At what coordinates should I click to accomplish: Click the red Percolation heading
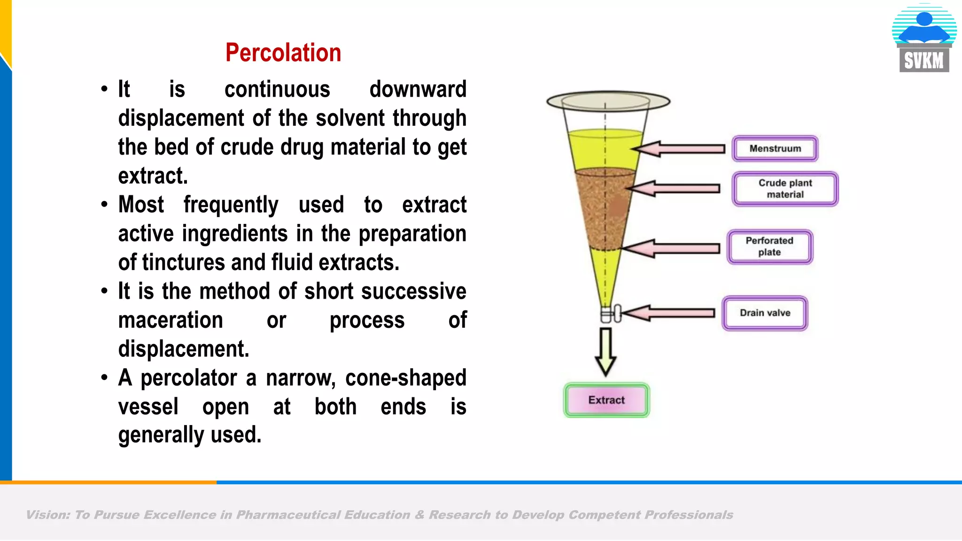coord(283,53)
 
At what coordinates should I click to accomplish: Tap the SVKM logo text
coord(923,61)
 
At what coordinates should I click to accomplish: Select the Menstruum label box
coord(775,148)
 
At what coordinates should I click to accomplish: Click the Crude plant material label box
coord(785,189)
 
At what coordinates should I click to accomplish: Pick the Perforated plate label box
coord(769,247)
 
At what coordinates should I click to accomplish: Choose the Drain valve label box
coord(765,313)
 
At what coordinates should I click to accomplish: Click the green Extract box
coord(606,400)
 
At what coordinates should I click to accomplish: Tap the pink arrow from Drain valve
coord(670,313)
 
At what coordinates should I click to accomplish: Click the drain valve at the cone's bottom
coord(611,314)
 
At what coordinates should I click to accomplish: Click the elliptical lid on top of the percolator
coord(608,100)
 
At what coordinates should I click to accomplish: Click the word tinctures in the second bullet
coord(183,262)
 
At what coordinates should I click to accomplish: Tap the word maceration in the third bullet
coord(171,320)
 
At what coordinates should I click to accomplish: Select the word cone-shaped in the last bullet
coord(405,378)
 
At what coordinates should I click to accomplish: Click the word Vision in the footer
coord(47,515)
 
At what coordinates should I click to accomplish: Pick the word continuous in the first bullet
coord(277,89)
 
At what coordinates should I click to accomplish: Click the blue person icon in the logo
coord(924,26)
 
